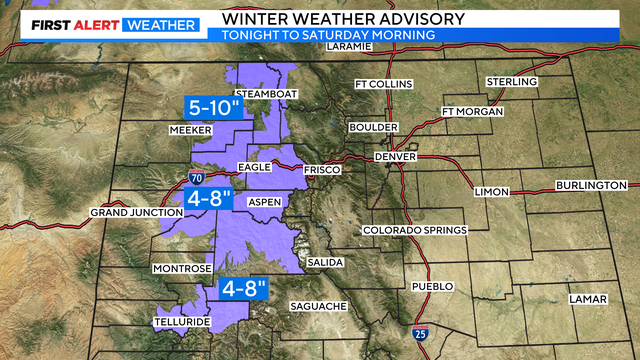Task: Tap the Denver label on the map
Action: click(x=393, y=157)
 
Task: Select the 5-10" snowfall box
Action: click(x=214, y=107)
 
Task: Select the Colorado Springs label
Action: click(x=414, y=230)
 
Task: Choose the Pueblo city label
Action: click(x=433, y=286)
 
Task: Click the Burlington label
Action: click(x=593, y=185)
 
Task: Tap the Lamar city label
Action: click(x=584, y=299)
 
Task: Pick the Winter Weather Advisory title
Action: click(x=330, y=17)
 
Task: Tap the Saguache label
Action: click(x=318, y=305)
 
